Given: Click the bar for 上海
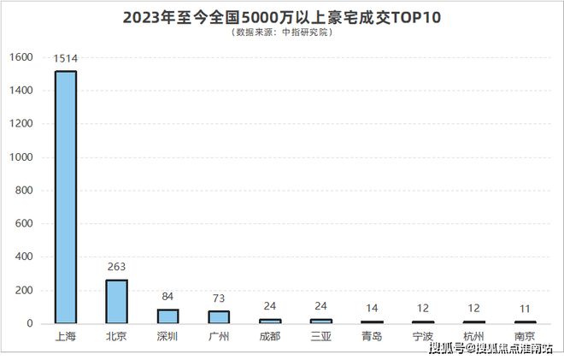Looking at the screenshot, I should (65, 197).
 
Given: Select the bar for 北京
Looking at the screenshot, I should (116, 301).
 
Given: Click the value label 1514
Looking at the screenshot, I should (65, 59).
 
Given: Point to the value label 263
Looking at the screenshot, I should (116, 267).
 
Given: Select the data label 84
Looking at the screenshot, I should (167, 297).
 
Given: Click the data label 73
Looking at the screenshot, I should (219, 298).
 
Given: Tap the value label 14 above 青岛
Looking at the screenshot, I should (373, 307).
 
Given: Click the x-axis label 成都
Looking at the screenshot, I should (270, 335).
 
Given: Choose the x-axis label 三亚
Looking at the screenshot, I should (321, 335).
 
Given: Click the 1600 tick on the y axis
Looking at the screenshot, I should (21, 58).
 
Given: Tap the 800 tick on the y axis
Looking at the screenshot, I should (24, 191).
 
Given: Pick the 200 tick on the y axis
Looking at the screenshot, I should (24, 291).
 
